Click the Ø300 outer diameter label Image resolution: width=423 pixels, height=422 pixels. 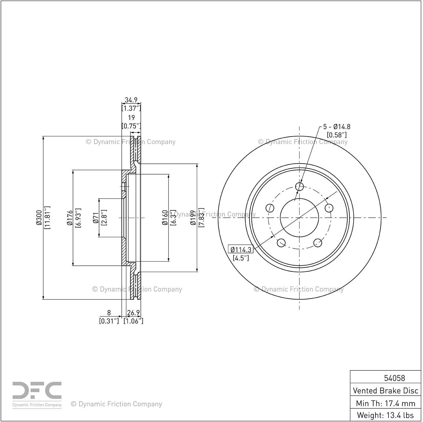pos(39,217)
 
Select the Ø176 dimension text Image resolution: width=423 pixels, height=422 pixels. pos(70,218)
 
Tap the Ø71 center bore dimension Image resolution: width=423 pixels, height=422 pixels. pos(96,218)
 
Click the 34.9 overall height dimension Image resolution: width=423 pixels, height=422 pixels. pos(131,100)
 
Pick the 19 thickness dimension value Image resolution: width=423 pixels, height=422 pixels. pos(131,118)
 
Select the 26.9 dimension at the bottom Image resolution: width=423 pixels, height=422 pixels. pos(133,312)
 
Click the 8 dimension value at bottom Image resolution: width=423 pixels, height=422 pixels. pos(109,312)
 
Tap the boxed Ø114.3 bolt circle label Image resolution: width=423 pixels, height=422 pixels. pos(241,250)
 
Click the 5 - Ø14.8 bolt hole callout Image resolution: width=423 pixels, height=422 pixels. pos(337,127)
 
